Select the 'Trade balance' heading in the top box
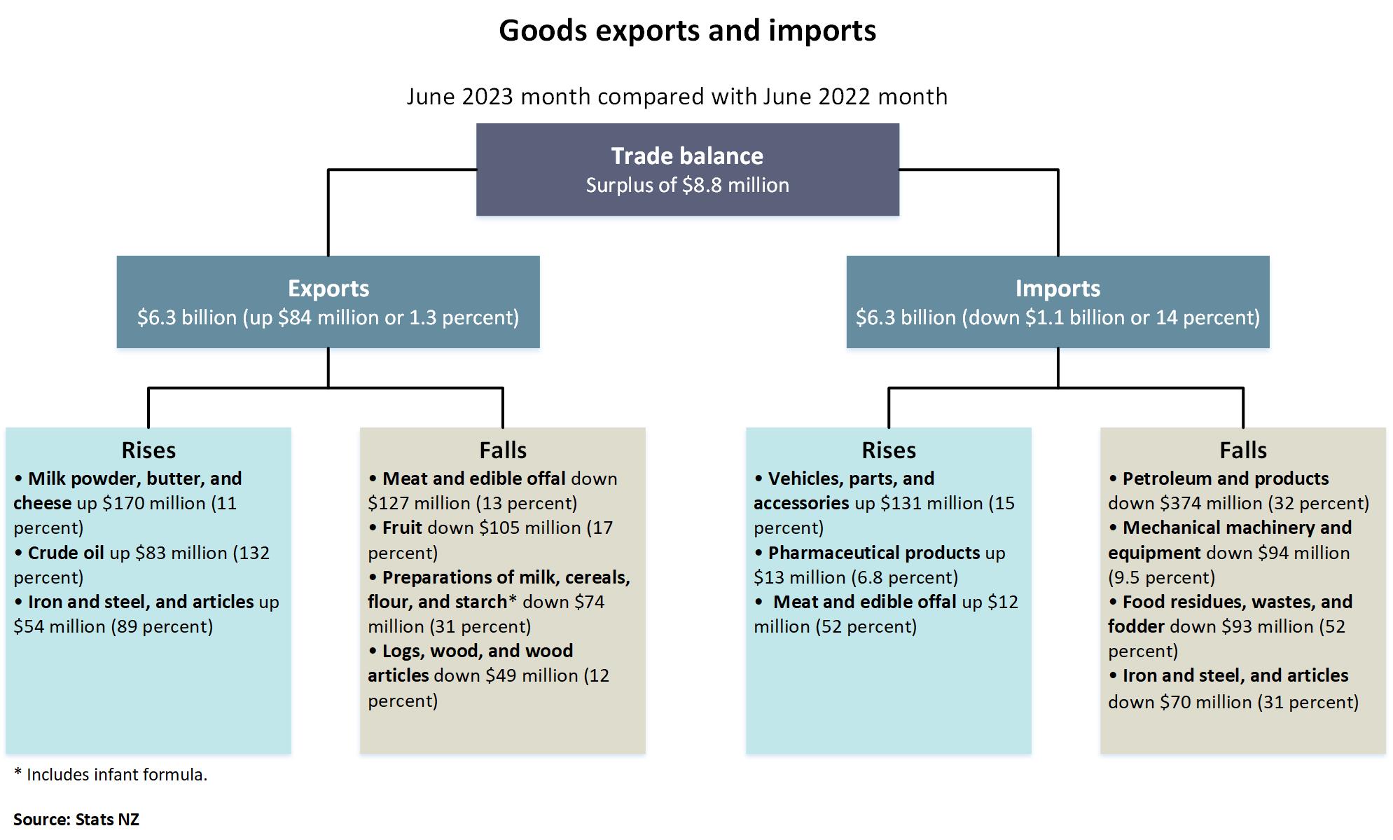pos(687,156)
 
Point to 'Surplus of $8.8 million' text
pos(687,186)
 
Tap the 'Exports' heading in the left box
pos(328,289)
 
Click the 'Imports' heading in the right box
pos(1058,289)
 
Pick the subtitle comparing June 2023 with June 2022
pos(677,97)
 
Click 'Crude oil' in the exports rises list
pos(65,553)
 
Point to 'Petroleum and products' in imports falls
pos(1225,478)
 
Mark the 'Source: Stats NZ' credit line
pos(76,820)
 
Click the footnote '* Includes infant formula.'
pos(111,775)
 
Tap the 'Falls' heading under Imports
pos(1242,450)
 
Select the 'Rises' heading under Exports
pos(148,450)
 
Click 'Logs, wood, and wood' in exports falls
pos(477,651)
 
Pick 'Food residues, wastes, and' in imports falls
pos(1237,602)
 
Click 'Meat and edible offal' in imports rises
pos(864,602)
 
